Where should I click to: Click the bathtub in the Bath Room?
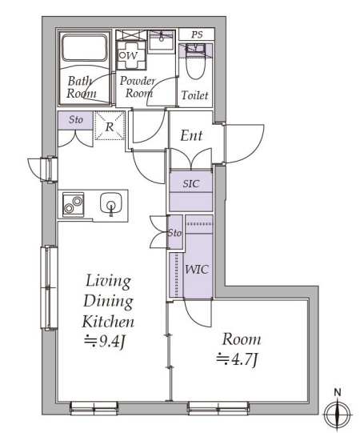[x=84, y=47]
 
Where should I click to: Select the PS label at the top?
[x=197, y=34]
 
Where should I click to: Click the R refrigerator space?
[x=110, y=126]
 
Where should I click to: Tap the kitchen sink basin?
[x=111, y=203]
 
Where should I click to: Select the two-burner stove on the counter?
[x=73, y=205]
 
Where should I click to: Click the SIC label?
[x=190, y=183]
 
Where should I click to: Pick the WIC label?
[x=197, y=269]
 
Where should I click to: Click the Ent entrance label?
[x=191, y=135]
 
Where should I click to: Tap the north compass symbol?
[x=338, y=414]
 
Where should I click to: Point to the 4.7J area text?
[x=237, y=359]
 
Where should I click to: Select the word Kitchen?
[x=108, y=321]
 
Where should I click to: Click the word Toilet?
[x=195, y=95]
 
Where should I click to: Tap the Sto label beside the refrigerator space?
[x=76, y=120]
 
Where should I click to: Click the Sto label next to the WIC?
[x=175, y=233]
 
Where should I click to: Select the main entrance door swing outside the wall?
[x=245, y=143]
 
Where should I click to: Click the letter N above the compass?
[x=338, y=392]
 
